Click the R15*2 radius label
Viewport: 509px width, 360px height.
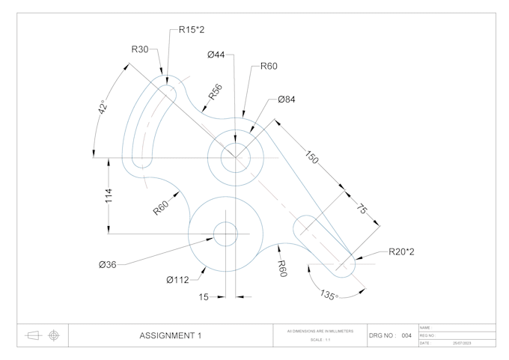[192, 30]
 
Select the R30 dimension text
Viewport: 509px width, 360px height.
[140, 49]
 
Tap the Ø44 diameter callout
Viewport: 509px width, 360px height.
[216, 55]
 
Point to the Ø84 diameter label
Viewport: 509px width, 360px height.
[286, 99]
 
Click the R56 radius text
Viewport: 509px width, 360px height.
[215, 92]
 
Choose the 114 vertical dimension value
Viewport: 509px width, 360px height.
[109, 196]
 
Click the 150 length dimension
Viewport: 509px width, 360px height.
[313, 159]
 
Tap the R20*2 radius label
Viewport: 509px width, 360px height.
[401, 251]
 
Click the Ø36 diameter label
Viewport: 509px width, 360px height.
[107, 264]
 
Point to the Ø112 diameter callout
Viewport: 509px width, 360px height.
[177, 280]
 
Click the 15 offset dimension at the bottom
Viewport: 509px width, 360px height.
[204, 297]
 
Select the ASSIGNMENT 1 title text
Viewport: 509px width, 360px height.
[171, 336]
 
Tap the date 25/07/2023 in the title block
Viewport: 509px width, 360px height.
[462, 343]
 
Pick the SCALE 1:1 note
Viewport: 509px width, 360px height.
[320, 341]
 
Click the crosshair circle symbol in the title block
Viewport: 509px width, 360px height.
[53, 335]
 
